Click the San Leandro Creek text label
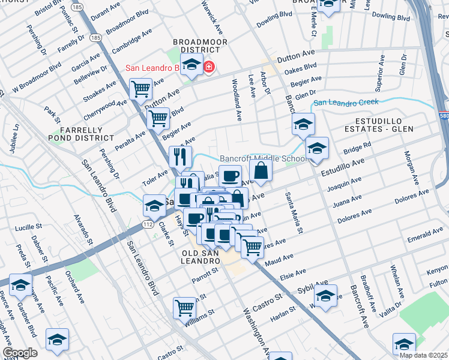(x=347, y=102)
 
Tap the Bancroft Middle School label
(x=263, y=158)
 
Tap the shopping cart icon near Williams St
(x=184, y=308)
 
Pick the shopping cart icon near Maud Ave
(x=253, y=245)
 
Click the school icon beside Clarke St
(x=154, y=205)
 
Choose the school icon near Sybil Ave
(x=326, y=296)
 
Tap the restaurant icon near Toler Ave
(x=181, y=157)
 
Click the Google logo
(x=20, y=353)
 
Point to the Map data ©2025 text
(x=423, y=355)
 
